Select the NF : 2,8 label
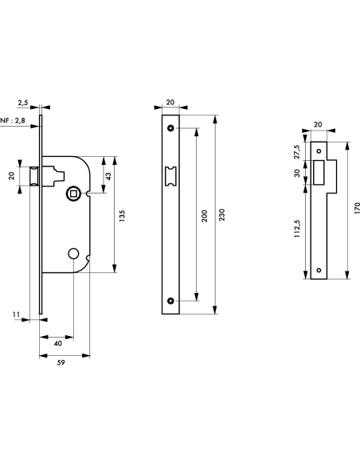[x=10, y=121]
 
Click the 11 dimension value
[x=17, y=316]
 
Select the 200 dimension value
[x=204, y=215]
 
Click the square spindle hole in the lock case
[x=73, y=192]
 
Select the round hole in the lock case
[x=73, y=253]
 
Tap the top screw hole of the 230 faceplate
[x=170, y=129]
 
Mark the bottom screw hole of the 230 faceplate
[x=170, y=300]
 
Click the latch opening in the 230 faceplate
[x=170, y=177]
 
